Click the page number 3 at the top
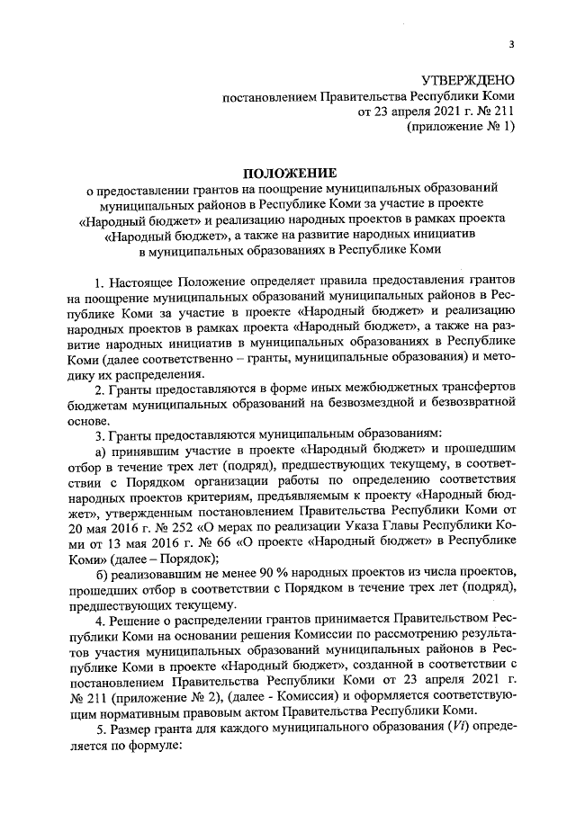(510, 45)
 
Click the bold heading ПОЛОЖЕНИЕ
(290, 173)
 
